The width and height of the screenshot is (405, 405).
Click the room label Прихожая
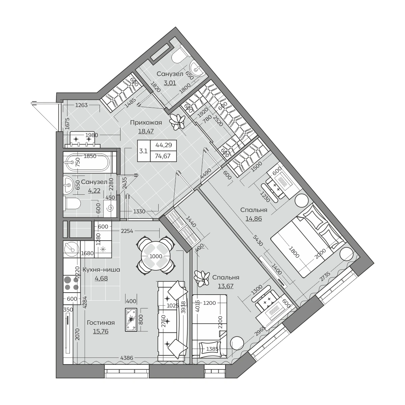[x=146, y=123]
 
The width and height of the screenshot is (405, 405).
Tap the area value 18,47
[x=146, y=131]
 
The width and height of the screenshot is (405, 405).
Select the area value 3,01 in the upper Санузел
[x=170, y=83]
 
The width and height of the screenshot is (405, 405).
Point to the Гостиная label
[x=101, y=323]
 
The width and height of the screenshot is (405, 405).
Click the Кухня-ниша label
[x=101, y=270]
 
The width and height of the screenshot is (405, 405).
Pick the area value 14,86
[x=254, y=219]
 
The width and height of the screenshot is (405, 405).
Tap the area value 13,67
[x=226, y=286]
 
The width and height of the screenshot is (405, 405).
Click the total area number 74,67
[x=163, y=156]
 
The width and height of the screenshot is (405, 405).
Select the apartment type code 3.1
[x=143, y=151]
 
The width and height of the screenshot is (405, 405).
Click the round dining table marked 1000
[x=156, y=256]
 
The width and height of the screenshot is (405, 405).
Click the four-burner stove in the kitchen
[x=72, y=283]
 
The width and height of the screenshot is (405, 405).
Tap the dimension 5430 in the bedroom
[x=258, y=240]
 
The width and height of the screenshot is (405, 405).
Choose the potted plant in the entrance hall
[x=177, y=122]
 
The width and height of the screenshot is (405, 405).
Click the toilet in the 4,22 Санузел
[x=72, y=204]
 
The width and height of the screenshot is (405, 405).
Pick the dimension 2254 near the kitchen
[x=127, y=231]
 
